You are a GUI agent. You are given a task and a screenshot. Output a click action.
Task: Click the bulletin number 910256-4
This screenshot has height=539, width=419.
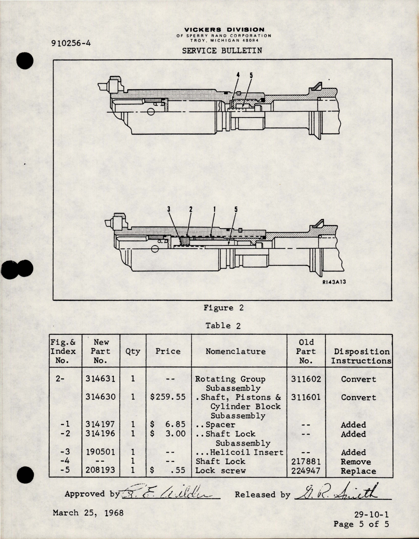(x=71, y=43)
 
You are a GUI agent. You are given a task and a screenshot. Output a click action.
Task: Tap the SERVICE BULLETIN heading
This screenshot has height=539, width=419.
(x=222, y=51)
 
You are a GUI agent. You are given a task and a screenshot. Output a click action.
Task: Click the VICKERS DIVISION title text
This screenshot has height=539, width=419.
(x=224, y=30)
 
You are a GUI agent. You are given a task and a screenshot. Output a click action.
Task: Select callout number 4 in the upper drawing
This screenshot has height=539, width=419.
(x=238, y=75)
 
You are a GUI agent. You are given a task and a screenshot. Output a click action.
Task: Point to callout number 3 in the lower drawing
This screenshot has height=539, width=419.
(x=169, y=209)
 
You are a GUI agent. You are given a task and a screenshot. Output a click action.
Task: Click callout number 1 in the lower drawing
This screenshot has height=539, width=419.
(x=214, y=209)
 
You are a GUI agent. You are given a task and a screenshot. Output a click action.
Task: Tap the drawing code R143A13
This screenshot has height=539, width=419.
(x=334, y=282)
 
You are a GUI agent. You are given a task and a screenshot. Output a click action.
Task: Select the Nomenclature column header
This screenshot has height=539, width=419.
(x=235, y=352)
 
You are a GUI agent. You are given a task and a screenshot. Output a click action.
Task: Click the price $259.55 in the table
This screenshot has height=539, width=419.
(x=168, y=397)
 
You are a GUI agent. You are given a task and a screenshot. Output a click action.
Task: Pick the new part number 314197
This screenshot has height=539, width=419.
(x=100, y=425)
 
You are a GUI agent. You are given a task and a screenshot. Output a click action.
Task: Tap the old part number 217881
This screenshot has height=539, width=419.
(x=306, y=462)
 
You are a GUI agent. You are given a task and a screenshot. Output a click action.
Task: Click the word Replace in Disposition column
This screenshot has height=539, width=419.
(x=358, y=471)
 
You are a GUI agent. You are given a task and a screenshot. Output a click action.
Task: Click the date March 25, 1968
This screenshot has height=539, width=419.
(x=88, y=513)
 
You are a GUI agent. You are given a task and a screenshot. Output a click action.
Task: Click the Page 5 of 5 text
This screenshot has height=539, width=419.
(x=361, y=524)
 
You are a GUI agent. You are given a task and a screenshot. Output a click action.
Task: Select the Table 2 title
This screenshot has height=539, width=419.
(x=223, y=326)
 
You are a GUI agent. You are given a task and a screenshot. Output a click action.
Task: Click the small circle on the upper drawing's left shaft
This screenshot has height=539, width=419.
(x=151, y=112)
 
